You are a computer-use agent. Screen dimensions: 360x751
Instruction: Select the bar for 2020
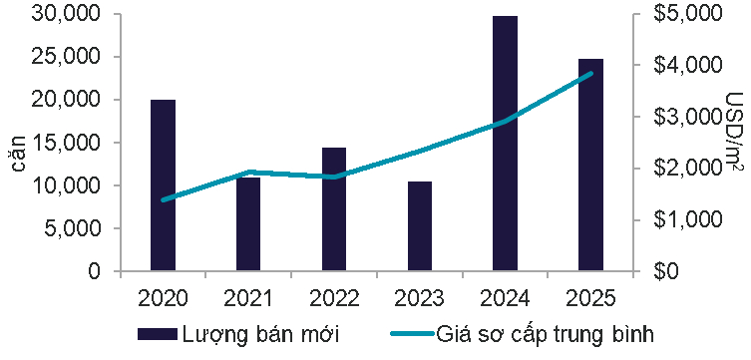coord(163,185)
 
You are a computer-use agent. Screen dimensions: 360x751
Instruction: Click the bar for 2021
coord(248,224)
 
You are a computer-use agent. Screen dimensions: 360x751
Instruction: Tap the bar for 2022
coord(334,209)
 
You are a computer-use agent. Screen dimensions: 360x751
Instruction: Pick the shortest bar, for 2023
coord(420,226)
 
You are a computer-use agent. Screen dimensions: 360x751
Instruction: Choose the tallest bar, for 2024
coord(506,144)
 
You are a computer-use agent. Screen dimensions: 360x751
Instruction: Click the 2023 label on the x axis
coord(420,298)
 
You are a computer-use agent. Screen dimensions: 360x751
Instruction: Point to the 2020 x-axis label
coord(163,298)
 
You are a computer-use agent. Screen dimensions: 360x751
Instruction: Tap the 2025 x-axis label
coord(591,298)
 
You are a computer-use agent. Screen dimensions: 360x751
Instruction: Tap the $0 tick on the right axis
coord(663,271)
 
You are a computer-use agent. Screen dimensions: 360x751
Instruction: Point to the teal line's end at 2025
coord(591,74)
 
